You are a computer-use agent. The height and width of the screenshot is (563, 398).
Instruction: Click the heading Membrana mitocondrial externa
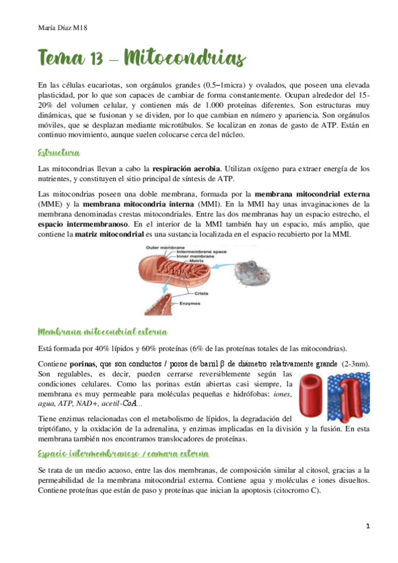pyautogui.click(x=103, y=331)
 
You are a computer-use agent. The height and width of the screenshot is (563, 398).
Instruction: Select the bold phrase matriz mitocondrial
pyautogui.click(x=110, y=235)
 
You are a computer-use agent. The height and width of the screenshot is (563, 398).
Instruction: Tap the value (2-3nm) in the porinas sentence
pyautogui.click(x=355, y=364)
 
